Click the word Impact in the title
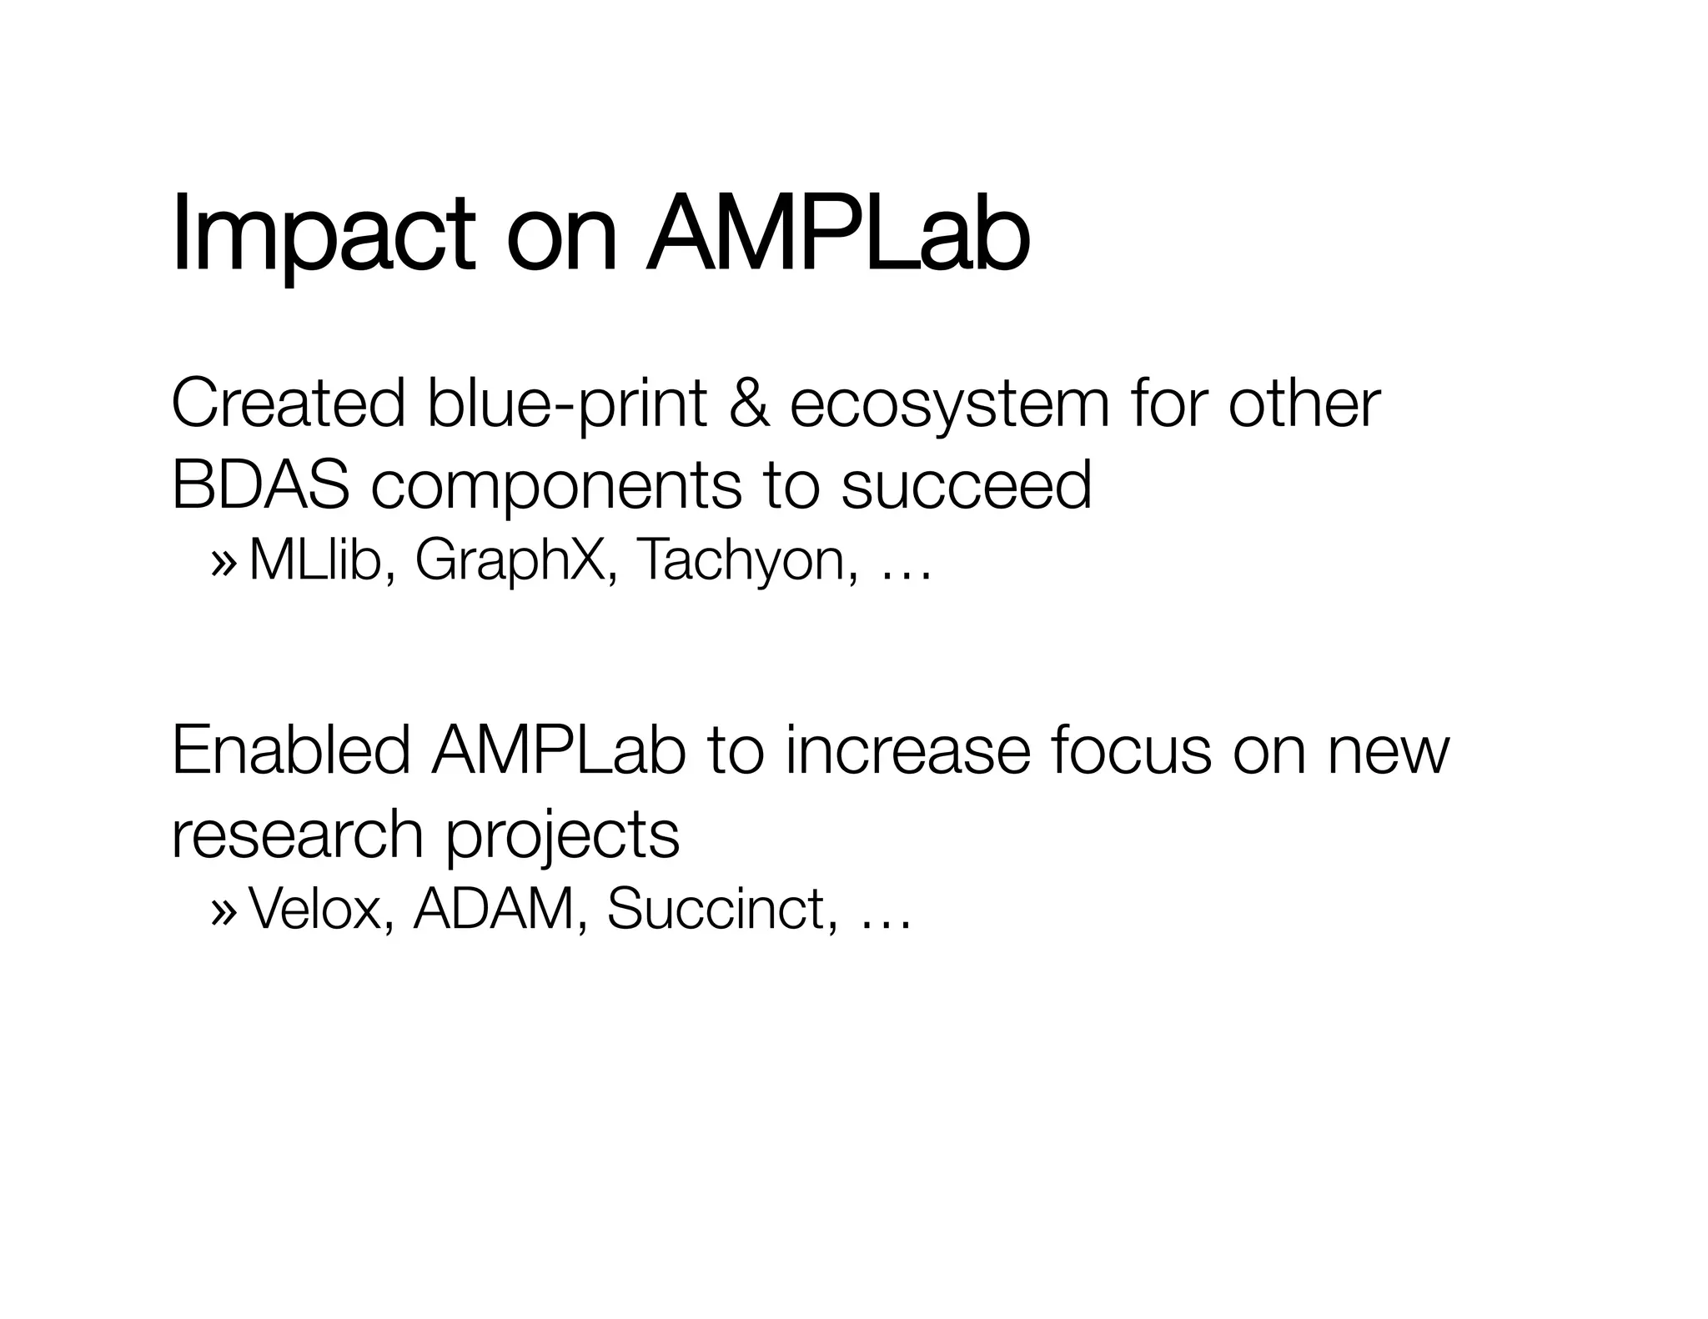point(324,235)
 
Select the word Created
point(288,404)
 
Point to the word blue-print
point(566,405)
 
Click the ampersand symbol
point(748,404)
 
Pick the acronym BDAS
point(260,485)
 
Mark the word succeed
point(966,485)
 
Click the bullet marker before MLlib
point(224,561)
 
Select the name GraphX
point(516,561)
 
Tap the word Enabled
point(290,750)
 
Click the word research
point(297,834)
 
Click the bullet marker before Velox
point(224,910)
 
